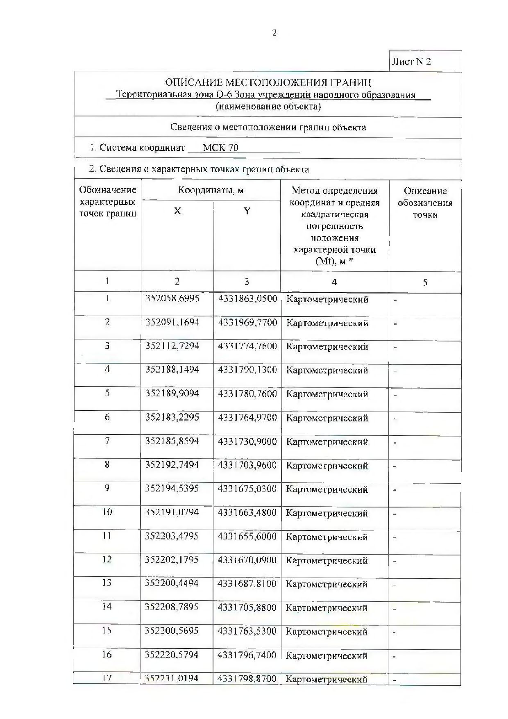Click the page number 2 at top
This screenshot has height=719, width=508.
274,33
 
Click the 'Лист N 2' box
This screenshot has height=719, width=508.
411,62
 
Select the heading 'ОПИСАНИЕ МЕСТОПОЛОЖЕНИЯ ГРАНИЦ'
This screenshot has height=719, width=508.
268,83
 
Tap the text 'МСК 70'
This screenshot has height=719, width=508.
220,148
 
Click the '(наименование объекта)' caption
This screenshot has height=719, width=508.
268,107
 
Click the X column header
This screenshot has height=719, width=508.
177,211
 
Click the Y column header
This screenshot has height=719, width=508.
247,211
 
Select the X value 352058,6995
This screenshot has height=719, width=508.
172,298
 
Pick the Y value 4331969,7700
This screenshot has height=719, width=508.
247,323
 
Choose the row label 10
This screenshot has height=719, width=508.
107,512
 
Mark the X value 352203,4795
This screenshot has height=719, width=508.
172,536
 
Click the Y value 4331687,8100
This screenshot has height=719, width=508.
247,583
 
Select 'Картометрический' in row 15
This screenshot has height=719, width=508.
327,632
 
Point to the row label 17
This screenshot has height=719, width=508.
107,678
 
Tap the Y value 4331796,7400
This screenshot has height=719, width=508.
247,655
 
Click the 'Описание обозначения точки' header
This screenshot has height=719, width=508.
425,203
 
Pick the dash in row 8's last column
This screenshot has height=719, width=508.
395,466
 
